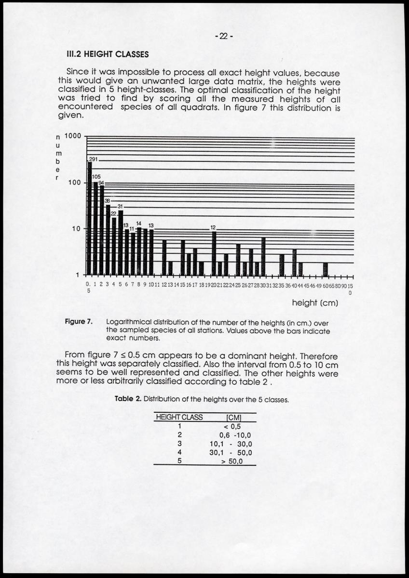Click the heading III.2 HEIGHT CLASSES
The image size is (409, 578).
pyautogui.click(x=107, y=54)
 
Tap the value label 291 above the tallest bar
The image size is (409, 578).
pyautogui.click(x=93, y=159)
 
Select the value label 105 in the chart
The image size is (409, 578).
pyautogui.click(x=96, y=177)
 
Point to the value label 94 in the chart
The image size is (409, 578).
pyautogui.click(x=101, y=183)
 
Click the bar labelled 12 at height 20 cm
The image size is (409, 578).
pyautogui.click(x=214, y=253)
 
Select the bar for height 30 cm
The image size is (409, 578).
pyautogui.click(x=263, y=256)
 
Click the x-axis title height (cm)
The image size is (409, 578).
pyautogui.click(x=315, y=303)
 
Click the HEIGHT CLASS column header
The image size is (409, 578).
pyautogui.click(x=179, y=417)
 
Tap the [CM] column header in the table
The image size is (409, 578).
pyautogui.click(x=233, y=417)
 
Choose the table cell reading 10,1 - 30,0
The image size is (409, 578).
pyautogui.click(x=231, y=444)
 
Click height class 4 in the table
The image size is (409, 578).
pyautogui.click(x=179, y=452)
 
